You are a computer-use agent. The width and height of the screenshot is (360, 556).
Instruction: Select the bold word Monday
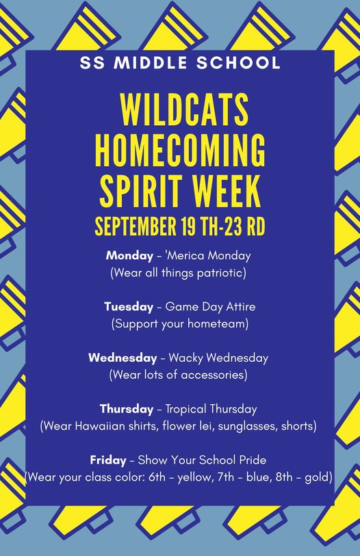coord(129,255)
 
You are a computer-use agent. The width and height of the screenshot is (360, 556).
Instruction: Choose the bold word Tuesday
coord(129,306)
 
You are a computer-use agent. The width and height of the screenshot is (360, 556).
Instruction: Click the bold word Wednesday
coord(123,358)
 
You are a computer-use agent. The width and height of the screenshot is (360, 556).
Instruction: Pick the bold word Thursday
coord(127,409)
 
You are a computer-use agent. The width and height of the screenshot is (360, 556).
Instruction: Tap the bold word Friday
coord(108,460)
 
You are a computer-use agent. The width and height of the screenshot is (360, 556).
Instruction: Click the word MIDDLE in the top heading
coord(151,63)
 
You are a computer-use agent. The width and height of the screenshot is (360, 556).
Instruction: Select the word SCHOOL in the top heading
coord(238,63)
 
